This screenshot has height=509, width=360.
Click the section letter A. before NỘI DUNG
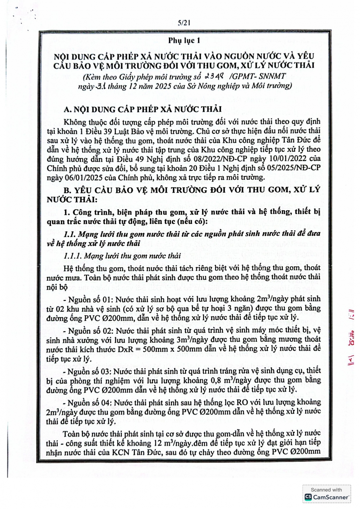(x=68, y=109)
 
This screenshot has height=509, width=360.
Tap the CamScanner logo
(x=327, y=497)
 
